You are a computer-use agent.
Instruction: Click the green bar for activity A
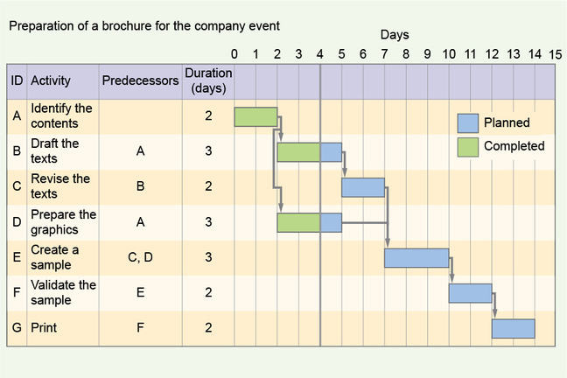255,117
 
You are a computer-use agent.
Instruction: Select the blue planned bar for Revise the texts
363,187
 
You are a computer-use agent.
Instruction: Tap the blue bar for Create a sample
416,258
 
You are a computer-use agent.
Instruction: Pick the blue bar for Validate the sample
470,293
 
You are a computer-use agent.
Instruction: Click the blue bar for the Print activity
513,328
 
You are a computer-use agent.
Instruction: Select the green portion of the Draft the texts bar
298,152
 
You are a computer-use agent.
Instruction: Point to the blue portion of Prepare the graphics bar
331,222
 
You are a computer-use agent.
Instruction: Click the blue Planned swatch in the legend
468,123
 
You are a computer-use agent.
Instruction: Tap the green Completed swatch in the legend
468,147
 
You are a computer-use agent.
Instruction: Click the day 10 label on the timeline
449,54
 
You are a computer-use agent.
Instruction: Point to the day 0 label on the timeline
234,54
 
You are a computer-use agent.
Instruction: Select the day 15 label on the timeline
556,54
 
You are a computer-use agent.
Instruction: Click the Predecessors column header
140,80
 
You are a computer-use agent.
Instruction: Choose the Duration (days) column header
208,80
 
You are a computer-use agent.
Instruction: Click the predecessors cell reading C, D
140,257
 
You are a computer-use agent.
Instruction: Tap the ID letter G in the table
17,328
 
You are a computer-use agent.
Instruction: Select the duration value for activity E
208,257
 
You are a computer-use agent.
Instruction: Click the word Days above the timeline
395,35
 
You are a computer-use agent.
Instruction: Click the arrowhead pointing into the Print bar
494,313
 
